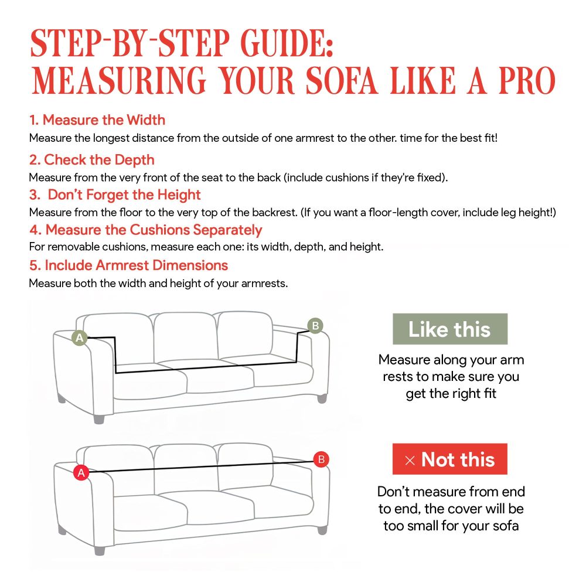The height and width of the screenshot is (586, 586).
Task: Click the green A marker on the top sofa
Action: [x=80, y=338]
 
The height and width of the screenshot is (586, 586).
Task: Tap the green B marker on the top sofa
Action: [x=315, y=326]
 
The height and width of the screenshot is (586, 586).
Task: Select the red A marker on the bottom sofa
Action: [x=81, y=472]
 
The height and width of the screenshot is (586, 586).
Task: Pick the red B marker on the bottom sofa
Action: [x=321, y=459]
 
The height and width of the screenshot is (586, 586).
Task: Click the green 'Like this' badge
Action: [x=449, y=329]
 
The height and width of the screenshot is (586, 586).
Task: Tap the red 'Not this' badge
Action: [x=449, y=459]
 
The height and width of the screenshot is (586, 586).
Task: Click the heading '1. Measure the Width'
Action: [x=97, y=120]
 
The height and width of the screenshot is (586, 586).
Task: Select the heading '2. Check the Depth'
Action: [x=92, y=159]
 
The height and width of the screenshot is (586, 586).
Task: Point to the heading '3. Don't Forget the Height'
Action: [x=115, y=195]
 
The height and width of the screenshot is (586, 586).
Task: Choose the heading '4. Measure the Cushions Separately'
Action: [x=146, y=230]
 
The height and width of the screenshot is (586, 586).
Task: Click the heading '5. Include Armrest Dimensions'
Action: [x=128, y=265]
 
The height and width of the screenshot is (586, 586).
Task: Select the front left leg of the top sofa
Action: [x=98, y=418]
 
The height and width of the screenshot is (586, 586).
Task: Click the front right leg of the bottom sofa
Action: [x=322, y=529]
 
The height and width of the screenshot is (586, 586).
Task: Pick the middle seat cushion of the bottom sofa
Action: [x=188, y=511]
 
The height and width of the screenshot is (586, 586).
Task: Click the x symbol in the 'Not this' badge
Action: [x=410, y=461]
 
